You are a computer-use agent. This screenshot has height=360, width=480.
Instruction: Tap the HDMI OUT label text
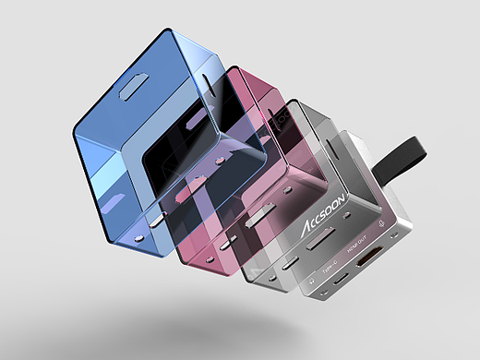click(x=356, y=249)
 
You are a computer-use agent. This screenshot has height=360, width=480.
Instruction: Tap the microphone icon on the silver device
click(x=382, y=222)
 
